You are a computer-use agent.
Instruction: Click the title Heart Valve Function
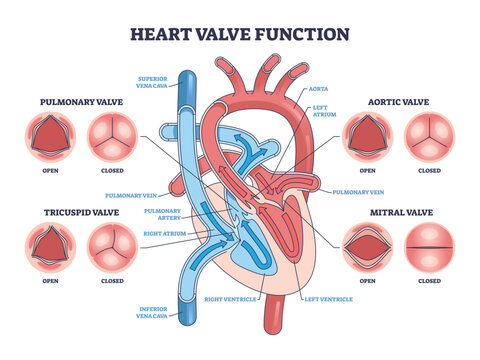click(239, 33)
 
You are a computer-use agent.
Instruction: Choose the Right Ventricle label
click(225, 297)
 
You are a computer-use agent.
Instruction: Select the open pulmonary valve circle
click(49, 135)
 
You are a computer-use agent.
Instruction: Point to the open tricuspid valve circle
click(49, 244)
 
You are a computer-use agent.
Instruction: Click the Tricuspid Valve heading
click(79, 211)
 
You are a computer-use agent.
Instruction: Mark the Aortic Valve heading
click(398, 102)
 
